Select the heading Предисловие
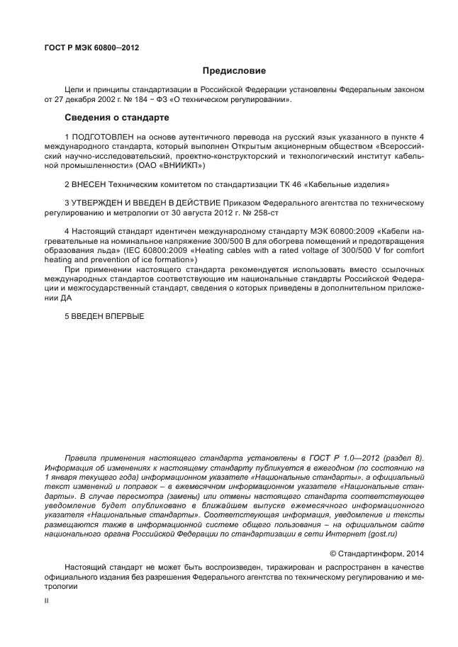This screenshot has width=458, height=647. pyautogui.click(x=234, y=71)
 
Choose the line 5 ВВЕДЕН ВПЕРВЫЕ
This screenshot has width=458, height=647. pyautogui.click(x=104, y=316)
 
